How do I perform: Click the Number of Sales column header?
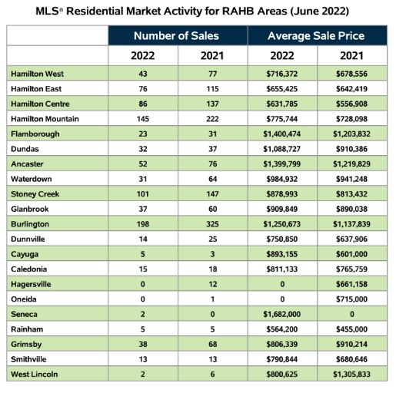click(176, 36)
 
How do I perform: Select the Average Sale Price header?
click(316, 36)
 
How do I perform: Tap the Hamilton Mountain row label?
click(45, 119)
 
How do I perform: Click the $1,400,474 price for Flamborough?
click(282, 134)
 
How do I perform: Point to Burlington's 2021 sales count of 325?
click(212, 224)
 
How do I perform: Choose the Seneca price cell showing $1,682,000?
click(282, 314)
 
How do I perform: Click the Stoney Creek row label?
click(35, 194)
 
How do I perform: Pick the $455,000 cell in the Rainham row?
click(351, 329)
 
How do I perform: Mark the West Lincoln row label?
click(35, 374)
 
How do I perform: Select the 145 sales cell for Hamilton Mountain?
click(143, 119)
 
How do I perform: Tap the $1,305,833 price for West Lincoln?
click(351, 374)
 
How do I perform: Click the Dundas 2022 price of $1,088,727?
click(282, 149)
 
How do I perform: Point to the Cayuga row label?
click(25, 254)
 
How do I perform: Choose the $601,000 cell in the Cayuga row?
click(351, 254)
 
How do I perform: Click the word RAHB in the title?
click(238, 12)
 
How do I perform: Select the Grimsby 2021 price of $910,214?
click(351, 344)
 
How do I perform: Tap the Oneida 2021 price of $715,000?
click(351, 299)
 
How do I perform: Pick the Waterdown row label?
click(32, 179)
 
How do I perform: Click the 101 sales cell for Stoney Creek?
click(143, 194)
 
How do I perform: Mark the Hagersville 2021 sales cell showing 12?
click(213, 284)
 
